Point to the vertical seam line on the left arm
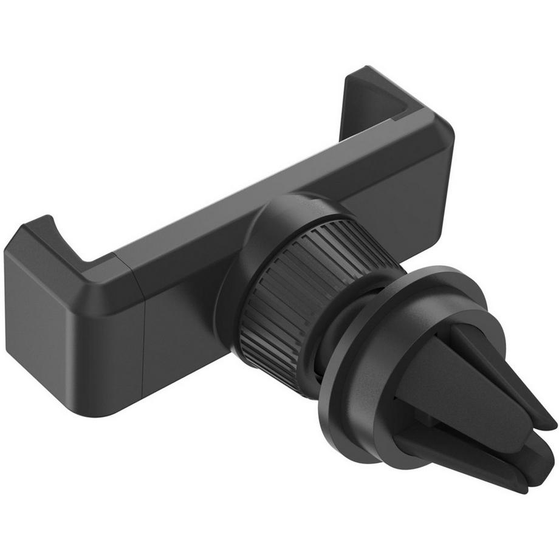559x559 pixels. [143, 340]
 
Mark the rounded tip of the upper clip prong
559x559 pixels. [541, 419]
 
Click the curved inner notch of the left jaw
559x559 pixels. [67, 243]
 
